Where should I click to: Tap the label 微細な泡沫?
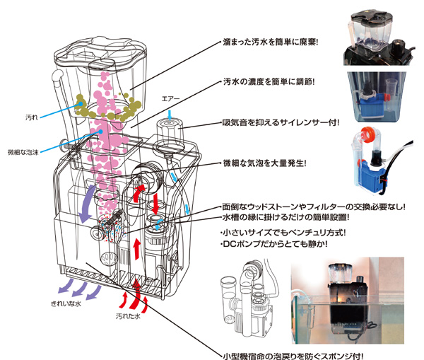point(22,151)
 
